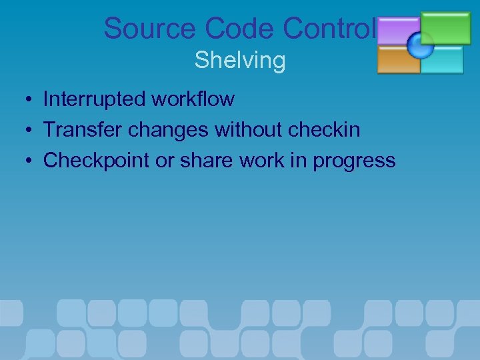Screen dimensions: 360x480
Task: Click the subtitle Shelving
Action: click(x=240, y=60)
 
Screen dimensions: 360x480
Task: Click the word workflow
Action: click(x=193, y=99)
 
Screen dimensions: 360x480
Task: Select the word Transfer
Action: click(x=83, y=130)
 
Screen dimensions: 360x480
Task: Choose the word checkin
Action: click(x=325, y=130)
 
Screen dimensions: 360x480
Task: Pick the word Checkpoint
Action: click(x=96, y=161)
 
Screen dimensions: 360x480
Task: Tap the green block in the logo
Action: click(x=446, y=27)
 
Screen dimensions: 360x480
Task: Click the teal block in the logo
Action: click(x=443, y=59)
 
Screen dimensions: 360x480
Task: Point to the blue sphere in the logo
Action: click(x=420, y=45)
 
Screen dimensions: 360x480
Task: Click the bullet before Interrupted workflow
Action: click(x=23, y=100)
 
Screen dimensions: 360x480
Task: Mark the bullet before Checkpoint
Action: click(x=23, y=161)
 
